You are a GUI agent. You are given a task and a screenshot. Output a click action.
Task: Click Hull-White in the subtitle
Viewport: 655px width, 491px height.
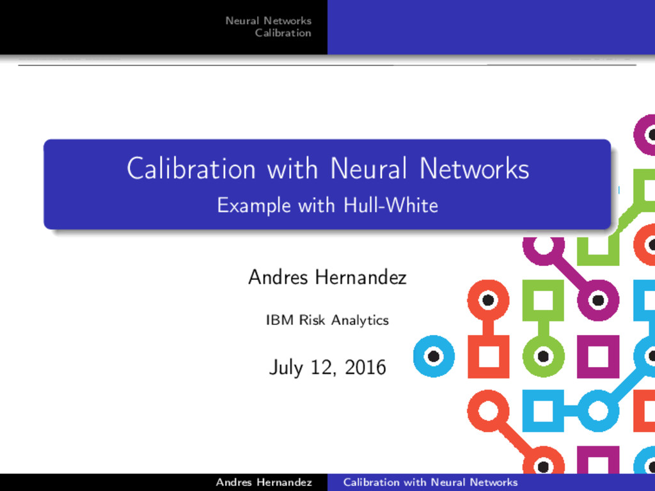(x=390, y=205)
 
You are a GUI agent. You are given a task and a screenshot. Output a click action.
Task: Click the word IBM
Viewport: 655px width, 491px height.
(x=279, y=320)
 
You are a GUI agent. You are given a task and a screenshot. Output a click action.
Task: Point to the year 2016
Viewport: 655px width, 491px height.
(x=365, y=368)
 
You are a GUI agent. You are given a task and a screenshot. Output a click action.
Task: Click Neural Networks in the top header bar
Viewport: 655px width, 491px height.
(x=268, y=21)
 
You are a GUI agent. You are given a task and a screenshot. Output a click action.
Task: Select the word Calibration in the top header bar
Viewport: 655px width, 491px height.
(x=283, y=33)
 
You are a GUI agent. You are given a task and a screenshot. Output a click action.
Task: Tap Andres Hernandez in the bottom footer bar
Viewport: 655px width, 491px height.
(x=264, y=482)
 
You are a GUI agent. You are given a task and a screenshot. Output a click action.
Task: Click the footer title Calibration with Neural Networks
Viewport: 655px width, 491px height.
(x=430, y=482)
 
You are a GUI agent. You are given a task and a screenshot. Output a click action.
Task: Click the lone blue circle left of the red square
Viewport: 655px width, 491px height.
(x=433, y=356)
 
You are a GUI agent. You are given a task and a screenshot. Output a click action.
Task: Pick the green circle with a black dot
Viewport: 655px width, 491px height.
(x=543, y=356)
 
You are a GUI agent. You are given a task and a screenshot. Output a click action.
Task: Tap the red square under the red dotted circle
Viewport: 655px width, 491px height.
(x=488, y=356)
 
